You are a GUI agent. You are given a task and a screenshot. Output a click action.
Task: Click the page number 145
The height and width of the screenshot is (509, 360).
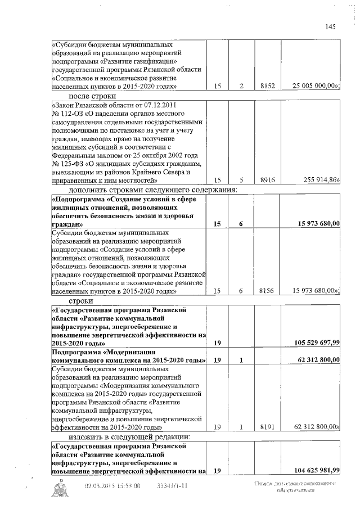coord(330,26)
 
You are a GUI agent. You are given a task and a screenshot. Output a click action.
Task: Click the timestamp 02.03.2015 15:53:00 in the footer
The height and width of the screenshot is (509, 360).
coord(112,486)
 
